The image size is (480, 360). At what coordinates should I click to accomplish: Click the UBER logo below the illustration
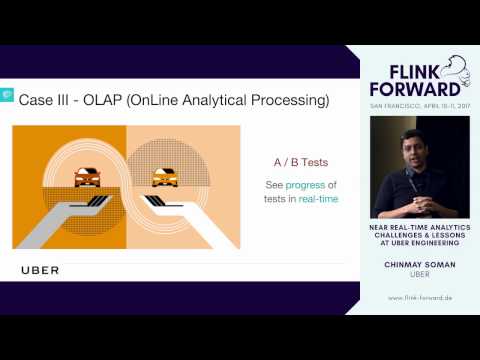tap(40, 270)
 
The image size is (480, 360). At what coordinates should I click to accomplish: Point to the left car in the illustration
tap(86, 177)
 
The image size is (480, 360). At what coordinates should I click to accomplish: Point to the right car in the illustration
tap(164, 178)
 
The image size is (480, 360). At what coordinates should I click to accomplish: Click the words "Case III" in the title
tap(47, 100)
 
